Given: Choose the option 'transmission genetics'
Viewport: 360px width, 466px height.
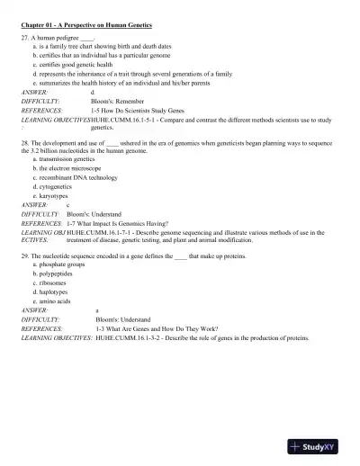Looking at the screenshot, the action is pos(61,159).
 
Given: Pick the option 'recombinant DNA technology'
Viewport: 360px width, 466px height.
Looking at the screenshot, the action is pos(74,177).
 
